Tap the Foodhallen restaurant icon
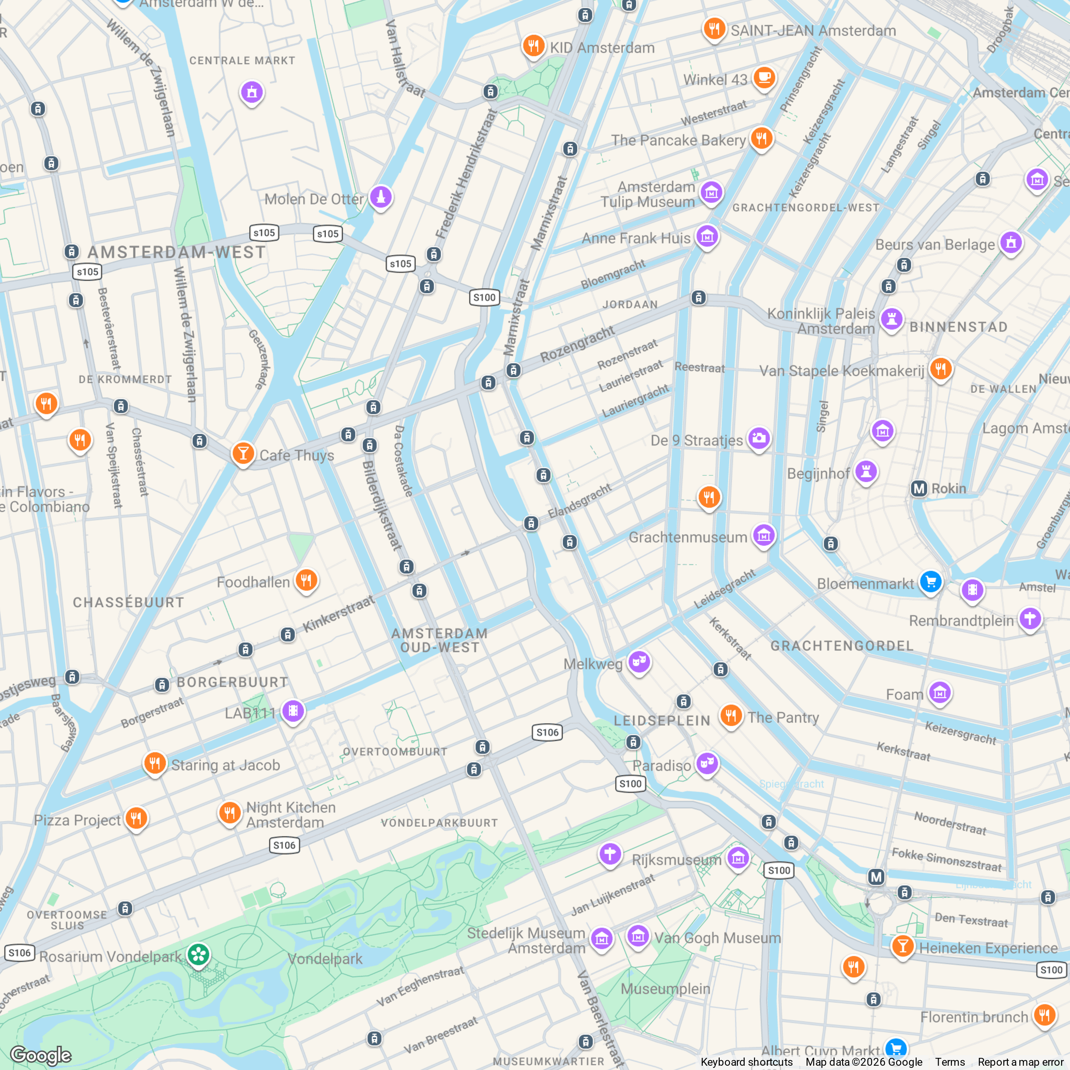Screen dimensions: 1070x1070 [x=306, y=580]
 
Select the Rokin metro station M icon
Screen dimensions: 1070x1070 [x=919, y=489]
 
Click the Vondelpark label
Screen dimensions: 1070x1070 [x=325, y=959]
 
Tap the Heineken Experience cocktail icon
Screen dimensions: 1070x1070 [x=902, y=946]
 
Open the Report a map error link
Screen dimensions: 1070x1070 [x=1020, y=1062]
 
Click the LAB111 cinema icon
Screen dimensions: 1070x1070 [x=293, y=710]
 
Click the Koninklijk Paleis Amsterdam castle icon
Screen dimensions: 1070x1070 [x=891, y=320]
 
